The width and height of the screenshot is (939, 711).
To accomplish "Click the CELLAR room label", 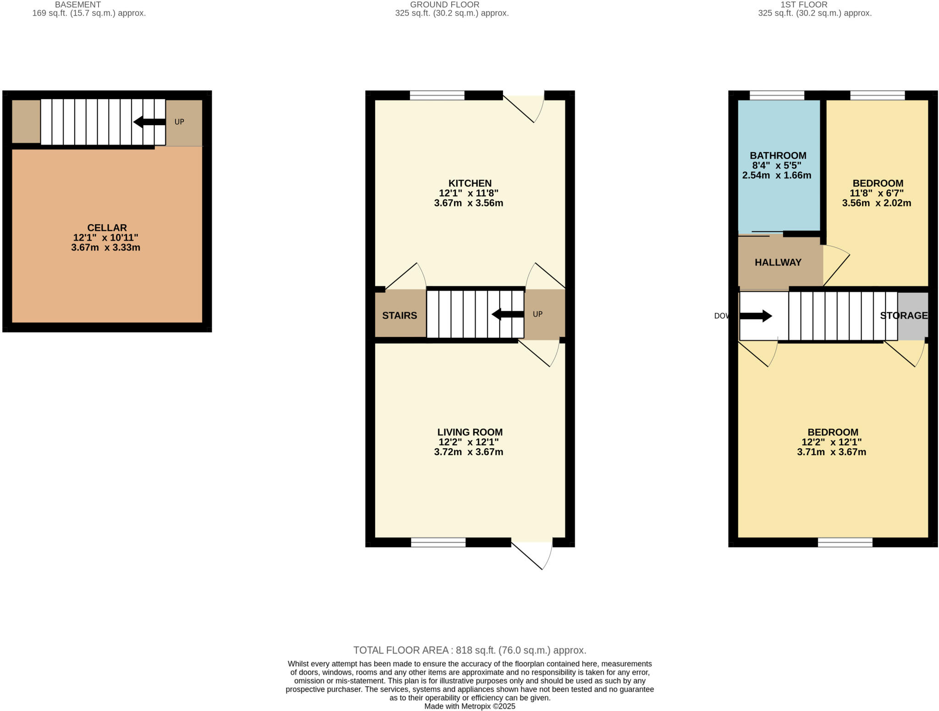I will (x=107, y=228).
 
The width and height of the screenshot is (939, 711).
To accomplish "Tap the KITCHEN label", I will (x=469, y=183).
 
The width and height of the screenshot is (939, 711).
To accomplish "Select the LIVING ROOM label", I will (x=469, y=432).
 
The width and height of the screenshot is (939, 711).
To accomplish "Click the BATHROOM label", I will (x=778, y=155).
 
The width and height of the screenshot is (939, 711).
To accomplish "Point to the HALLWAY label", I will (x=778, y=263).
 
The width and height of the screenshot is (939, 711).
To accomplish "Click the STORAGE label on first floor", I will (x=903, y=315).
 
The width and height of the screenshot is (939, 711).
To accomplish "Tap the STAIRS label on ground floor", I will (x=399, y=315).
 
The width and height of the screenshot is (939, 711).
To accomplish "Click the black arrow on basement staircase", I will (x=149, y=122).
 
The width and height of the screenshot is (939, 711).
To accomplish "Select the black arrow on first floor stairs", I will (x=756, y=316).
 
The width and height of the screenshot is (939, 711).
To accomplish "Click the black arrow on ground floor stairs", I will (x=507, y=314).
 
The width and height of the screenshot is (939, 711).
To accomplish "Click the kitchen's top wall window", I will (x=437, y=95).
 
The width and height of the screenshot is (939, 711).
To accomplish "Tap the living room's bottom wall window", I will (x=438, y=542).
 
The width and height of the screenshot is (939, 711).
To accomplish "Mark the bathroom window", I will (x=777, y=95).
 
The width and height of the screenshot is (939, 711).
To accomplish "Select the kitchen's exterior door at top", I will (x=523, y=108).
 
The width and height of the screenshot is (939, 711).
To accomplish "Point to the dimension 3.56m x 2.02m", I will (x=876, y=203).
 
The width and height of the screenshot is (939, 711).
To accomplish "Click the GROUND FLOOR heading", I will (x=444, y=5).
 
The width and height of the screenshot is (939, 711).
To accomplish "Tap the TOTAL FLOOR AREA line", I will (x=469, y=650).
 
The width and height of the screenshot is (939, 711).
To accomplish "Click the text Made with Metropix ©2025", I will (x=469, y=706).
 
